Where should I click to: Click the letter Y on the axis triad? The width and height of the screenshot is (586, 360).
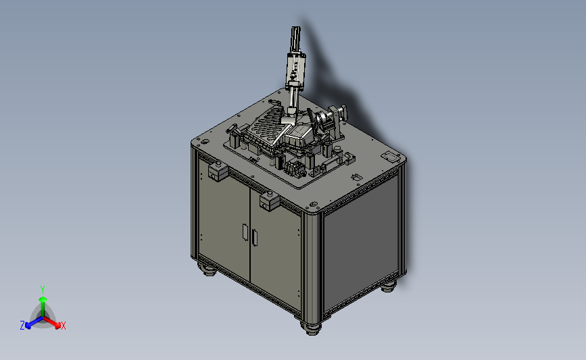[x=42, y=290]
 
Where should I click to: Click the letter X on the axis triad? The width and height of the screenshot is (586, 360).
[x=63, y=326]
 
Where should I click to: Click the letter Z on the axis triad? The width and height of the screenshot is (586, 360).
[x=22, y=326]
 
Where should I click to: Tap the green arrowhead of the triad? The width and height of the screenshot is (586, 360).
[x=43, y=299]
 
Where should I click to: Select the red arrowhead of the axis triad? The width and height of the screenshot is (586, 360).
[x=57, y=325]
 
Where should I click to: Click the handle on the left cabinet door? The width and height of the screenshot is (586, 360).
[x=245, y=232]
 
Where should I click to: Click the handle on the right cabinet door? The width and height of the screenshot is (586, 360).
[x=255, y=238]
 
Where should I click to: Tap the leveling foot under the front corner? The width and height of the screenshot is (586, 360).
[x=311, y=328]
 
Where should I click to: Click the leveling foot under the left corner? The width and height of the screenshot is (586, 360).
[x=207, y=269]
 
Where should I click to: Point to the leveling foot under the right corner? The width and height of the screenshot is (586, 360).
[x=389, y=286]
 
